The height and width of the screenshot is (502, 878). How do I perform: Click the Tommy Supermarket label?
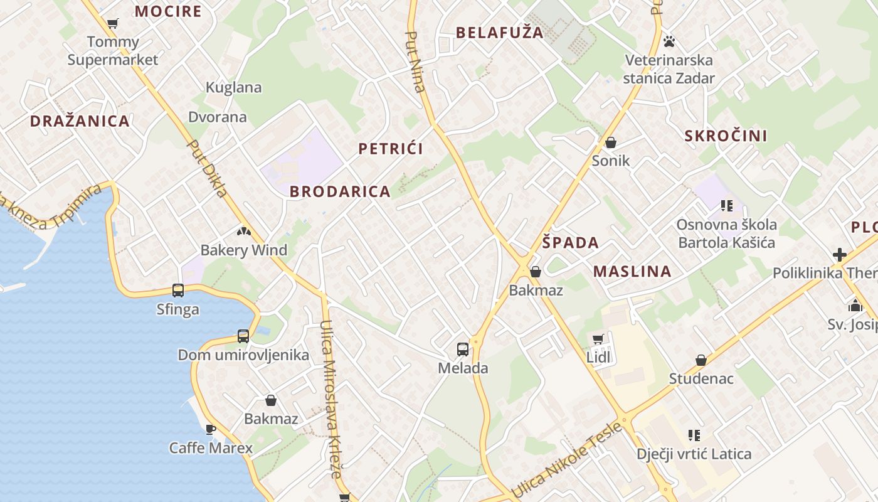(x=113, y=51)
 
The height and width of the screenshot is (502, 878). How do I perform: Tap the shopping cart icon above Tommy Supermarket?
(x=113, y=24)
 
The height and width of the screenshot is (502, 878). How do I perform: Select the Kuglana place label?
(x=234, y=88)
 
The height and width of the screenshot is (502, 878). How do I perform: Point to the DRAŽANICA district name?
(x=80, y=121)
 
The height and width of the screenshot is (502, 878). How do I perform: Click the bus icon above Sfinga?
(x=178, y=290)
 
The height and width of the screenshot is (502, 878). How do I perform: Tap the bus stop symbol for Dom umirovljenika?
(x=243, y=336)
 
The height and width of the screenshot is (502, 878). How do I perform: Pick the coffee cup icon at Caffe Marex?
(x=211, y=429)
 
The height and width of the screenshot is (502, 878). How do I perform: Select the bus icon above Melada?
(x=463, y=350)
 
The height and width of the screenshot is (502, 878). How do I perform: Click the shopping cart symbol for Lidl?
(x=598, y=339)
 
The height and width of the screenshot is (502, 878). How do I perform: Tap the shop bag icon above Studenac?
(x=701, y=360)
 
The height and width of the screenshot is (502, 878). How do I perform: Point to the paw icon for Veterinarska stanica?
(x=669, y=41)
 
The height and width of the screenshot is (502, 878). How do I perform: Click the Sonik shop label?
(x=611, y=161)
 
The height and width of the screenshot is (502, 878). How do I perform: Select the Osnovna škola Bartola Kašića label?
(x=727, y=233)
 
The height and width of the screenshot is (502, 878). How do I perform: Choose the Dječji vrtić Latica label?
(x=694, y=454)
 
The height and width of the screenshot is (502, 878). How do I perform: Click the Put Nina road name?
(x=416, y=61)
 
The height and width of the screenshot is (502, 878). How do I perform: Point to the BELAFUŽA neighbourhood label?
(x=499, y=33)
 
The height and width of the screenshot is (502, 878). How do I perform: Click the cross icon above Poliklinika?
(x=840, y=255)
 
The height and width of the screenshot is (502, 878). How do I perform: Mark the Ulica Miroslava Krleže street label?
(x=331, y=398)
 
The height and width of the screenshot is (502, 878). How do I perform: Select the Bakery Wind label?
(x=243, y=250)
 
